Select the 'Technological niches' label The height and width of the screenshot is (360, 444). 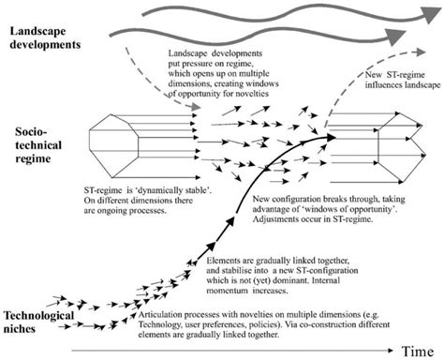coord(39,320)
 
